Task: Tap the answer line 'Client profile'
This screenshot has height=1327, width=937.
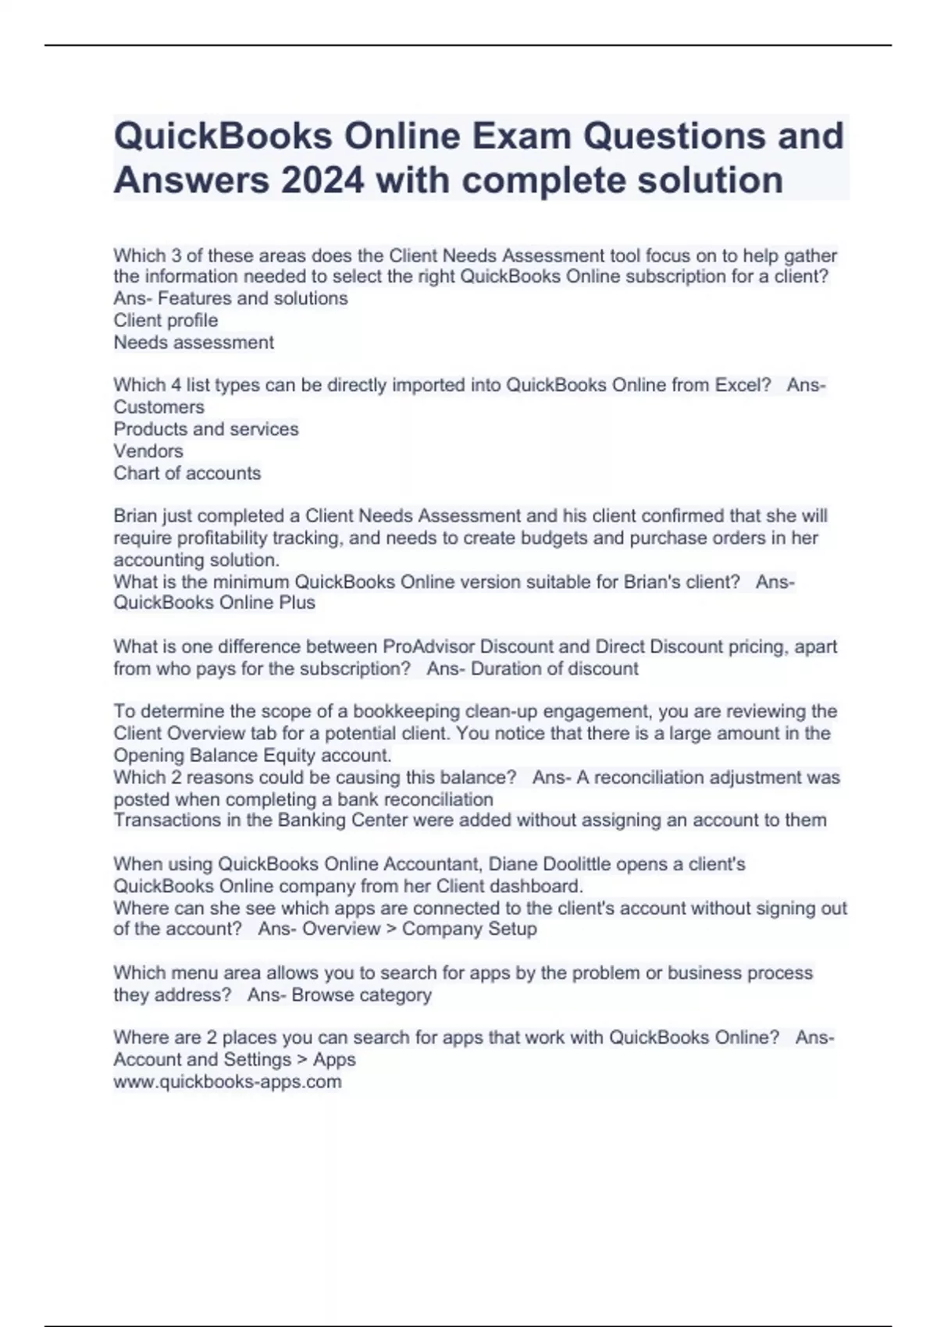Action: pyautogui.click(x=166, y=320)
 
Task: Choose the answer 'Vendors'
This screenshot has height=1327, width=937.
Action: pyautogui.click(x=148, y=451)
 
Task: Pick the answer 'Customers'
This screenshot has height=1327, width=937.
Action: pyautogui.click(x=159, y=407)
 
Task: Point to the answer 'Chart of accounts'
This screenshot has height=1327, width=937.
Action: pyautogui.click(x=187, y=473)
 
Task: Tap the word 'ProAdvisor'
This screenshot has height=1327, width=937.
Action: pyautogui.click(x=428, y=646)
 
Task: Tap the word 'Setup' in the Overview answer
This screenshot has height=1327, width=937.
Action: pyautogui.click(x=512, y=929)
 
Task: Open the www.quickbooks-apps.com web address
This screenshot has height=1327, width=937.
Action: pyautogui.click(x=227, y=1082)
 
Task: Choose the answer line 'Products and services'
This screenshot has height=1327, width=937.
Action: pyautogui.click(x=206, y=429)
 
